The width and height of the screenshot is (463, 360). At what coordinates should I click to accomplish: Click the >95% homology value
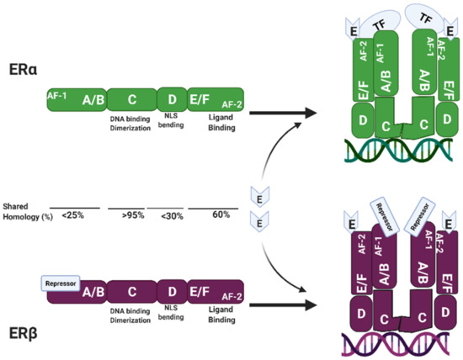[x=132, y=215]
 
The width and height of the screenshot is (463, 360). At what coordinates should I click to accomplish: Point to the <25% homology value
[x=72, y=215]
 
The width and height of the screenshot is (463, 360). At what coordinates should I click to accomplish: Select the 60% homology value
[x=221, y=215]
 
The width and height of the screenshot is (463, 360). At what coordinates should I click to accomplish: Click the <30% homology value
[x=172, y=215]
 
